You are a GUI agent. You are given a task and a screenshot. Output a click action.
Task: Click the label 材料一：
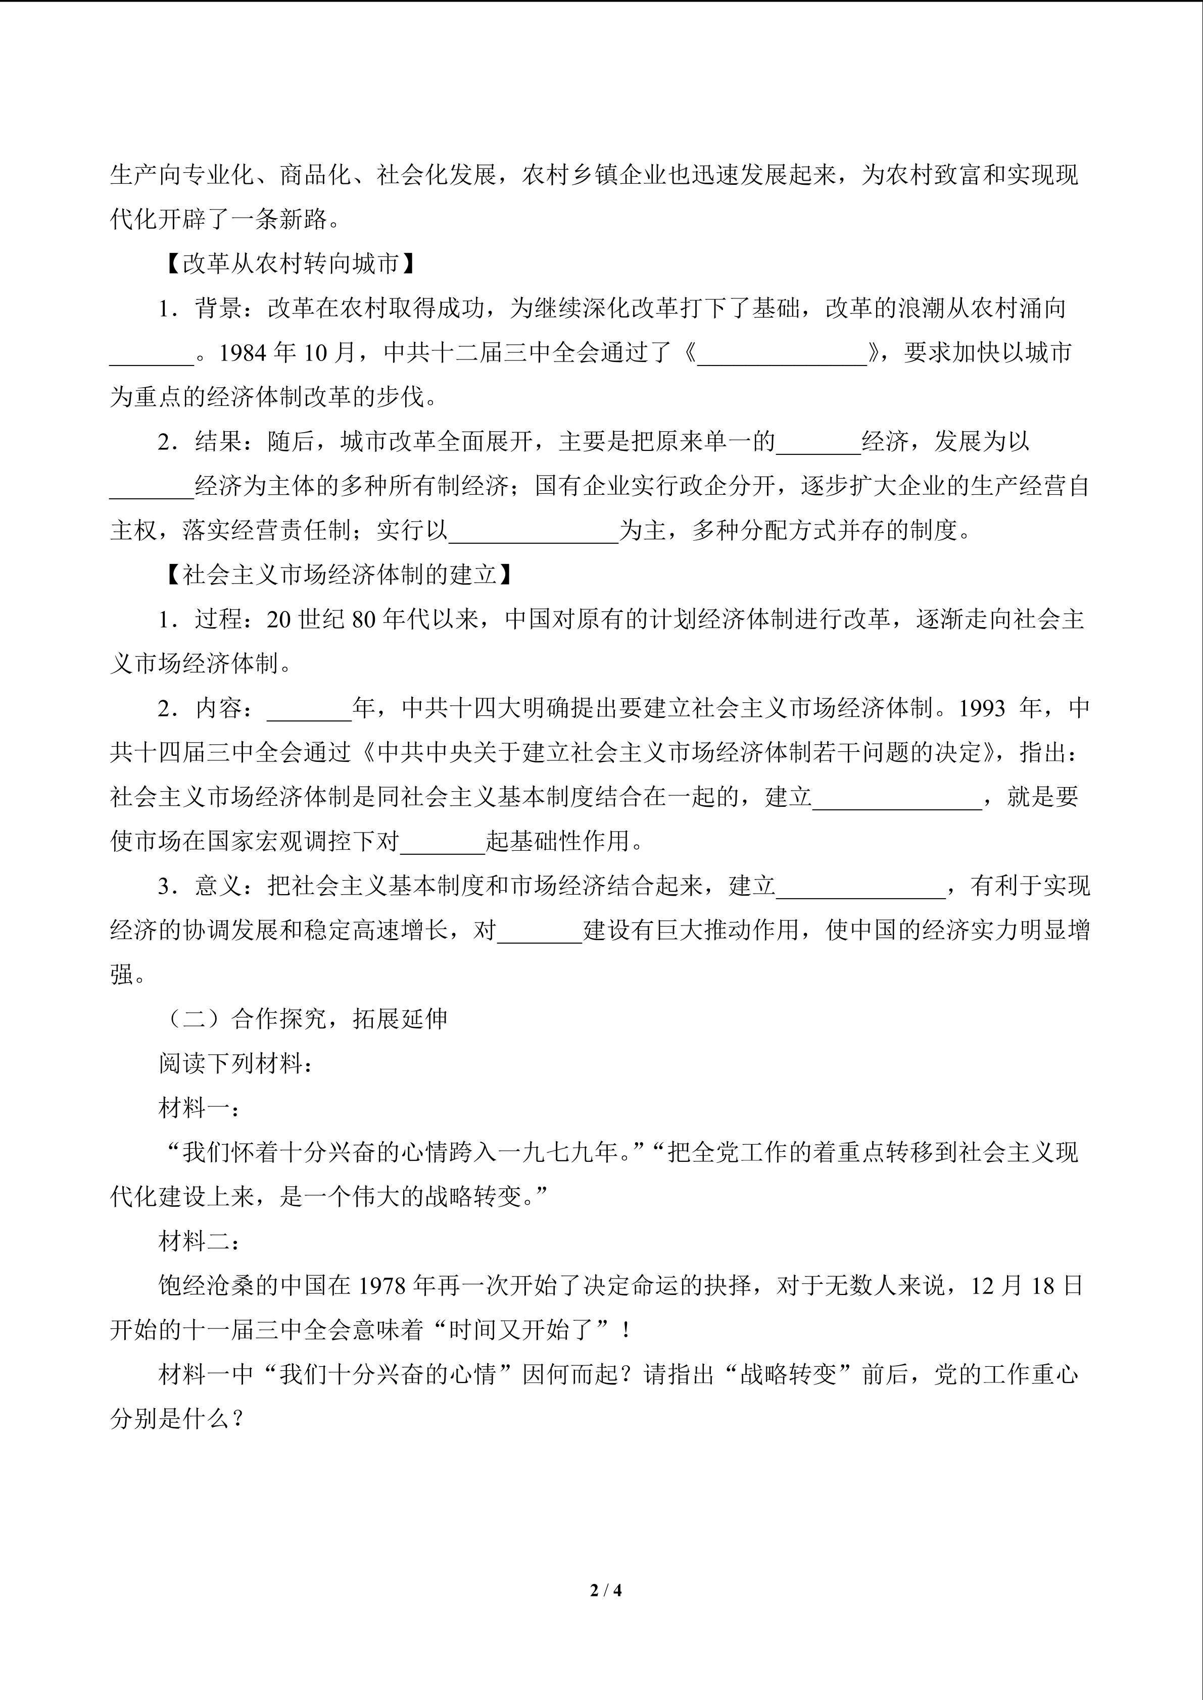point(199,1108)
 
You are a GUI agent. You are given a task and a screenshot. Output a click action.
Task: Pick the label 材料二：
point(199,1242)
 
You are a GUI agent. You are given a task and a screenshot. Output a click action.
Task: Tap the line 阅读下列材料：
point(235,1064)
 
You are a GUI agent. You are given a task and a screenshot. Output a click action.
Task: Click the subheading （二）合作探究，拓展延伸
point(304,1019)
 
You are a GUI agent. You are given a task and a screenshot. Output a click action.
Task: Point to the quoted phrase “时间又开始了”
point(534,1330)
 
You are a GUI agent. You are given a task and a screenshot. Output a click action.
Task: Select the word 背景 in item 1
point(219,308)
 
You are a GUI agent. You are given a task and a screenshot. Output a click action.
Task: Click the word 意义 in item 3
point(219,886)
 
